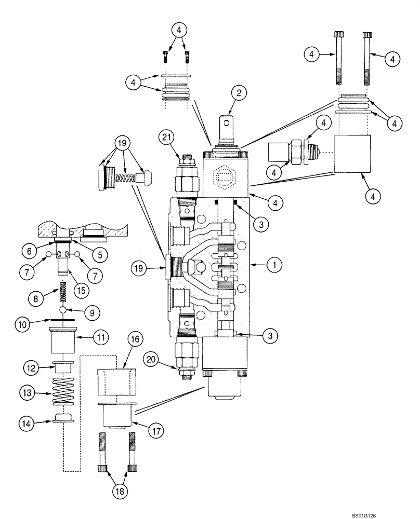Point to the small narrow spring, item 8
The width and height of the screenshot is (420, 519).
tap(62, 291)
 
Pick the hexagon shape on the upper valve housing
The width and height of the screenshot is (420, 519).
tap(224, 176)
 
